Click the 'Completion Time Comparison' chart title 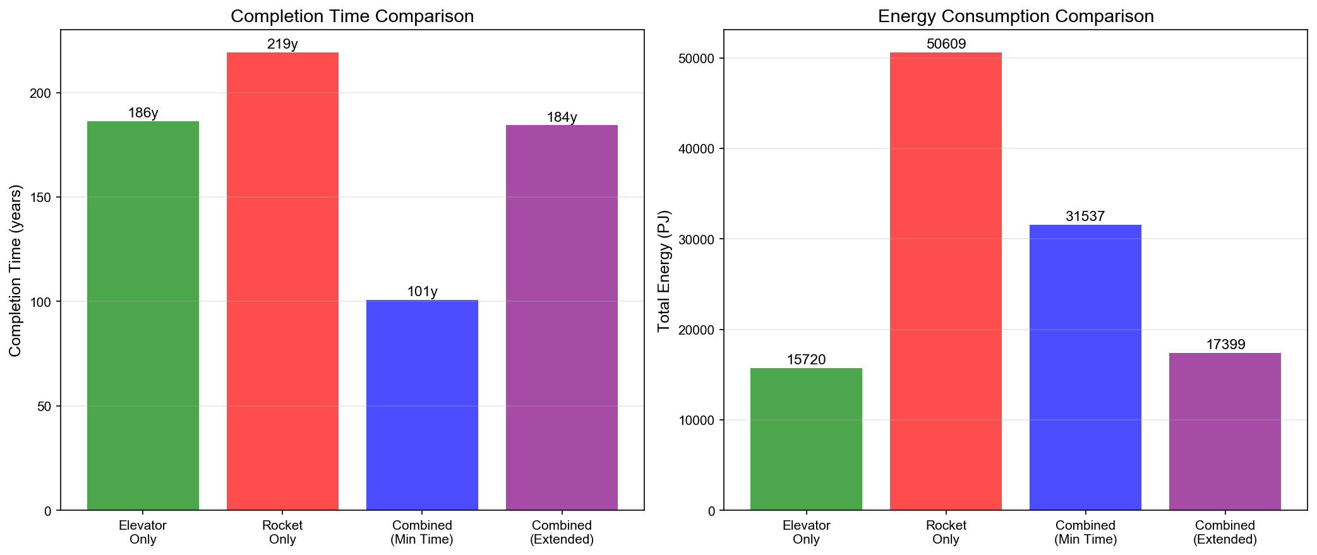pos(352,16)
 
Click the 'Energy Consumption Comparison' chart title pos(1016,16)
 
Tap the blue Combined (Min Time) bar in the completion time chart pos(422,405)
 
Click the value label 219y pos(282,44)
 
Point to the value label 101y pos(422,292)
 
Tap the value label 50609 pos(946,44)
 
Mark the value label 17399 pos(1225,345)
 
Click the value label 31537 pos(1085,217)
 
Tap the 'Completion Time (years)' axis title pos(15,270)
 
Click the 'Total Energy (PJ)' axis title pos(663,270)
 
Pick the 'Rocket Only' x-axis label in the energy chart pos(946,532)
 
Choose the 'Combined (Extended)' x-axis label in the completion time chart pos(562,532)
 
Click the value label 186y pos(143,113)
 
